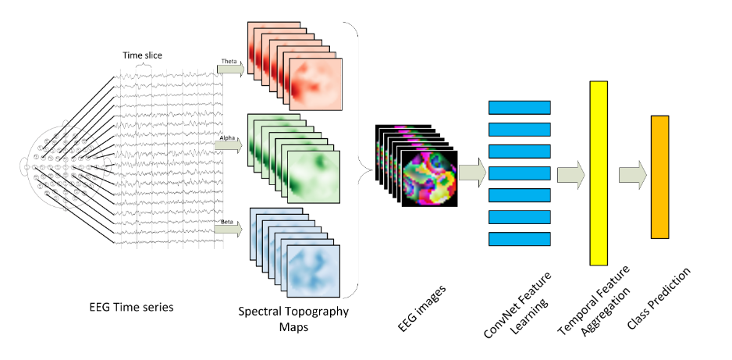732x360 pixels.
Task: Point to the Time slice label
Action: click(141, 55)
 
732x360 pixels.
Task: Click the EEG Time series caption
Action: click(130, 307)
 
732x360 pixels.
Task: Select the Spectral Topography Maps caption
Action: click(293, 318)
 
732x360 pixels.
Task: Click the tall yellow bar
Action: click(599, 173)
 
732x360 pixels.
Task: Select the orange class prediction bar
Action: click(660, 176)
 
